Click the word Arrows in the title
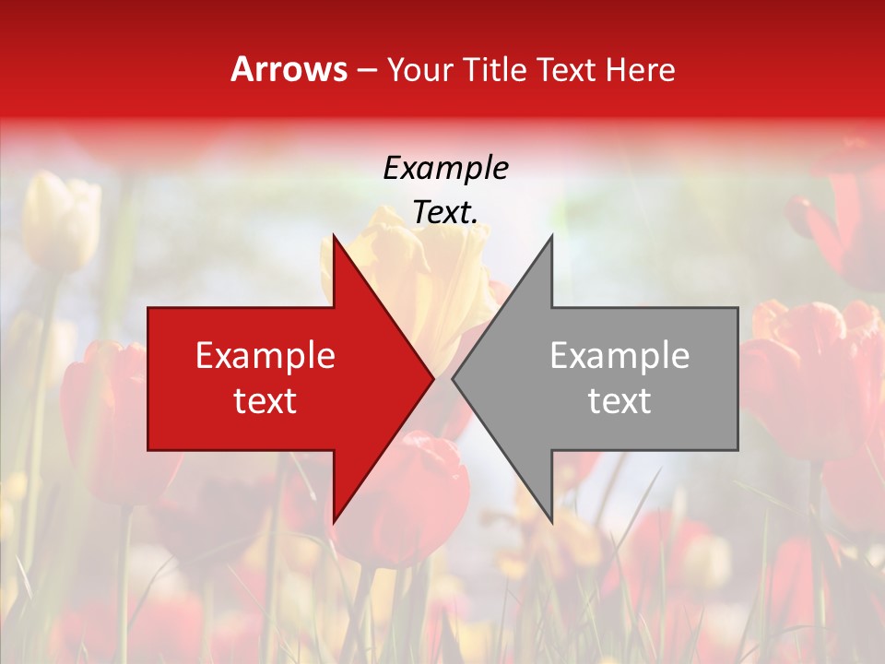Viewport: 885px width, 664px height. click(x=289, y=69)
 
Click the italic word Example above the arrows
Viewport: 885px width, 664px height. click(x=445, y=169)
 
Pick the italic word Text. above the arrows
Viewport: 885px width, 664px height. click(x=445, y=212)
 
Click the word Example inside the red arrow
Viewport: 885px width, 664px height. click(x=265, y=355)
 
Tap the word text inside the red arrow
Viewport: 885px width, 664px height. click(x=265, y=400)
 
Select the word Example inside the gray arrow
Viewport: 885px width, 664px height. click(x=619, y=355)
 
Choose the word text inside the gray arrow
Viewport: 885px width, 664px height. click(x=619, y=400)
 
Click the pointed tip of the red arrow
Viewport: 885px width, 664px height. click(x=432, y=378)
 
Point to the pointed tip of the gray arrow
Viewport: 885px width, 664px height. click(x=454, y=378)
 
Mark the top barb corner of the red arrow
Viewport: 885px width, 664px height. click(x=335, y=236)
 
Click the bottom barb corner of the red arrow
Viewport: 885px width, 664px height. click(x=335, y=522)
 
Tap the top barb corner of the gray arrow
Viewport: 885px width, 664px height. click(x=551, y=236)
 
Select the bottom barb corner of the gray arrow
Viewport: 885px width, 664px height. click(x=551, y=522)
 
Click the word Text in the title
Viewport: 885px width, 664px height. click(x=564, y=69)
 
